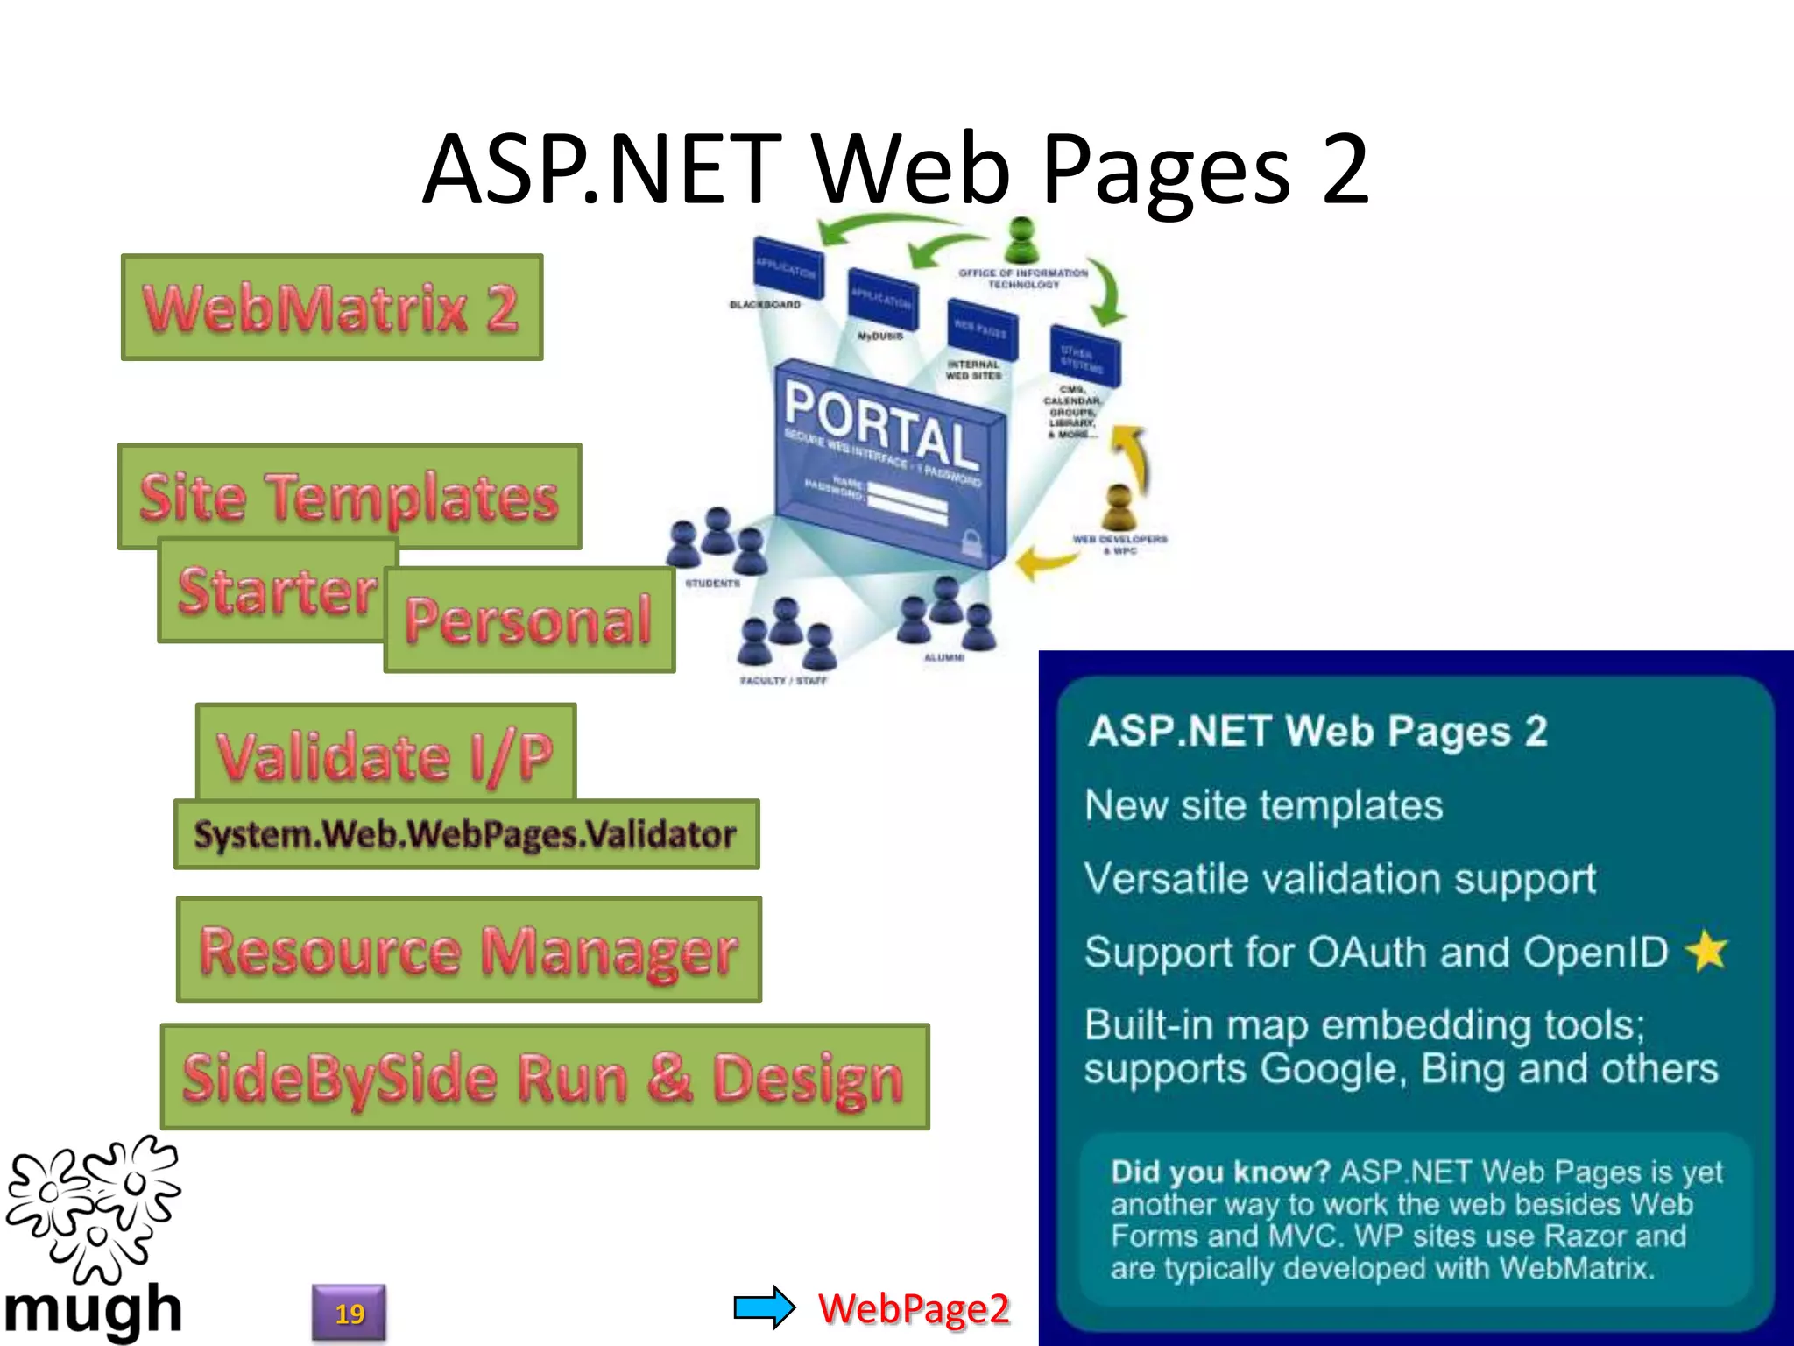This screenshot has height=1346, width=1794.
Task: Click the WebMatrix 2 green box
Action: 332,308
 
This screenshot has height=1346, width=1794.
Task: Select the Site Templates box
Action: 349,496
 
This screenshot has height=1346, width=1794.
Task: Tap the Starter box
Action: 277,591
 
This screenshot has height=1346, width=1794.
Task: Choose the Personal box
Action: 529,620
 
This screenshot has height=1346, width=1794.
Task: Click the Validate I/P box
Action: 385,754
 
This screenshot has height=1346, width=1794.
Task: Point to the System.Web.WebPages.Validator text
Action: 465,834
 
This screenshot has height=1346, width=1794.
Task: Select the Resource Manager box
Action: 469,950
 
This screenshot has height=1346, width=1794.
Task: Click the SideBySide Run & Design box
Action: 544,1077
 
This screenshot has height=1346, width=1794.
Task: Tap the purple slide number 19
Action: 349,1313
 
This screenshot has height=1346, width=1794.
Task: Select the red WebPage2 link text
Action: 914,1308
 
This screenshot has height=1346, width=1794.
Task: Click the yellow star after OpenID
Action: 1707,951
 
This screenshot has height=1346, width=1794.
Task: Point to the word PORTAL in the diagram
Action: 880,424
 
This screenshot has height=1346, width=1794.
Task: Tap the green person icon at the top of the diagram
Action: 1021,240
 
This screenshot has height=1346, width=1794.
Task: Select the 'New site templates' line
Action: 1263,804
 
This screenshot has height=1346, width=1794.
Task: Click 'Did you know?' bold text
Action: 1220,1172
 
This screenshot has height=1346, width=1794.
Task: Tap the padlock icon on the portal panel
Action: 971,541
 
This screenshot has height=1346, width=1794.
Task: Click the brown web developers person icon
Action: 1119,507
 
